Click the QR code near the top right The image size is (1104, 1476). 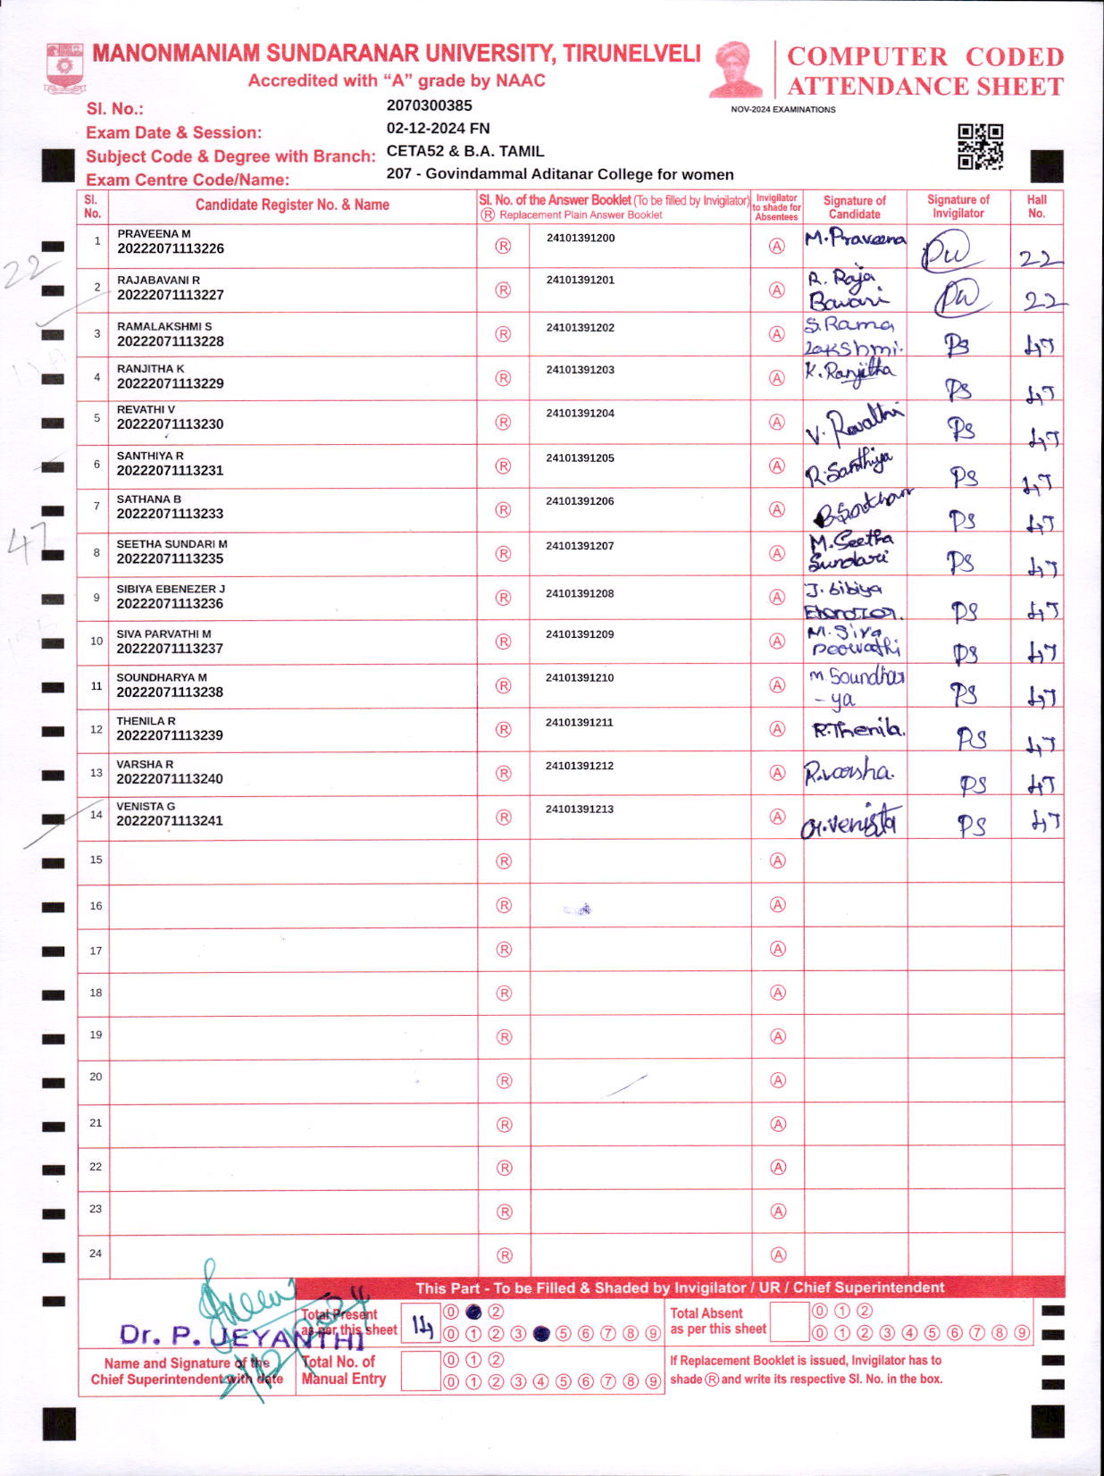pos(980,147)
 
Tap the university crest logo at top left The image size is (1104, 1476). pos(64,68)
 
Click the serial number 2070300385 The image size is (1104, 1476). pos(429,105)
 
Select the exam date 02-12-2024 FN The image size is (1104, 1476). pos(438,128)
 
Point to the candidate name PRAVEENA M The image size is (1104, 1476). pos(154,233)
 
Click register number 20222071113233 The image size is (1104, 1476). pos(170,514)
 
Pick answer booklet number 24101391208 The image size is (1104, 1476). pos(580,593)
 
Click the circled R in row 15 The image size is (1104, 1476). pos(504,861)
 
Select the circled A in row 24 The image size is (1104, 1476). pos(778,1254)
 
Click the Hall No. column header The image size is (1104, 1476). pos(1036,206)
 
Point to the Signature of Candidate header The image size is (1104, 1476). pos(854,207)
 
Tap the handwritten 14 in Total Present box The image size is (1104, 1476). pos(422,1327)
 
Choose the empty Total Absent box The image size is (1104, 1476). pos(789,1322)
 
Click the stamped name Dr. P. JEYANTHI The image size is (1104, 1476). pos(241,1336)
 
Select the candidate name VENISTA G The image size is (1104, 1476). pos(146,806)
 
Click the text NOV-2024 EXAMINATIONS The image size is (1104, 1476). pos(782,110)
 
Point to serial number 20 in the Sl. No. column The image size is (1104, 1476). pos(96,1077)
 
